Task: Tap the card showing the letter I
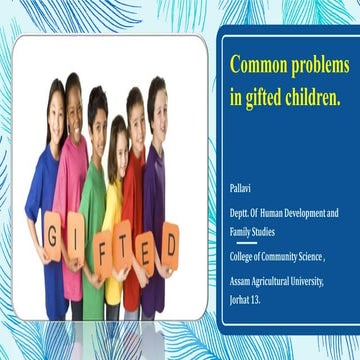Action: point(78,247)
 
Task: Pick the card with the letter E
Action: point(148,247)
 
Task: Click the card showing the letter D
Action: point(170,240)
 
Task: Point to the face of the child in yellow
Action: point(118,139)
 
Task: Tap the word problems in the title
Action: point(320,66)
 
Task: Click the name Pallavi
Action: point(241,187)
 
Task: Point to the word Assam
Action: point(243,282)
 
